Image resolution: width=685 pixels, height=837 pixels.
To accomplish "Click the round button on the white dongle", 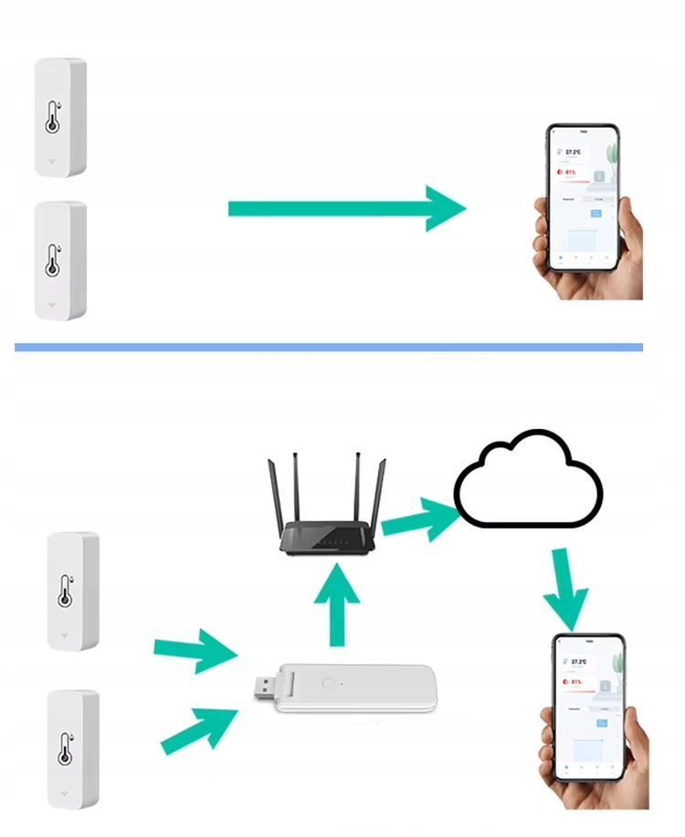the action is [327, 683].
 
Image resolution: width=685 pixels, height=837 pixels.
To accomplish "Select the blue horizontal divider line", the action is [329, 347].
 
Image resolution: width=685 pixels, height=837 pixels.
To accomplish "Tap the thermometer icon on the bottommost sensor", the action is [65, 747].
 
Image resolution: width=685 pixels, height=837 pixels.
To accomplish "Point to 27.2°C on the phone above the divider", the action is [574, 152].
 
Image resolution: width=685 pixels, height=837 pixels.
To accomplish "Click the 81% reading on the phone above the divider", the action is [571, 171].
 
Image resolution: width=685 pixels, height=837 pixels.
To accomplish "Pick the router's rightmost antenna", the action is [382, 493].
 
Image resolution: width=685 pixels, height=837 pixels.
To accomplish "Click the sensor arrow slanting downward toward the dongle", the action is [194, 652].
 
